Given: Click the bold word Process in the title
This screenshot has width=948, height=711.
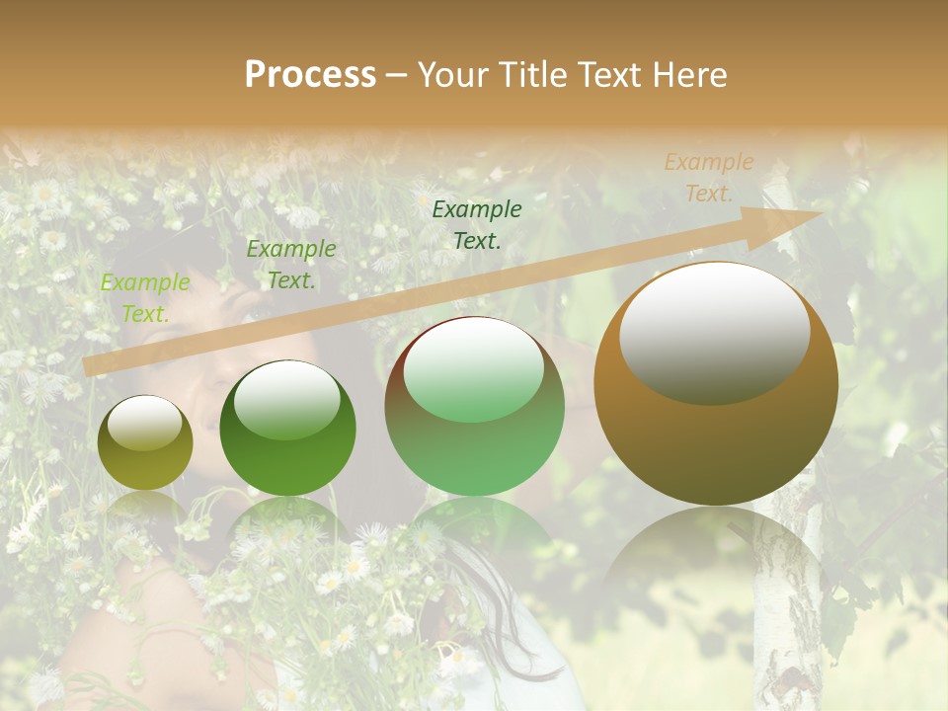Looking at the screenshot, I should (x=310, y=75).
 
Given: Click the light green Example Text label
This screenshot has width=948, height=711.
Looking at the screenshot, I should (x=145, y=298).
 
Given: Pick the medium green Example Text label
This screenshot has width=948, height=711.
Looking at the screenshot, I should (x=290, y=265).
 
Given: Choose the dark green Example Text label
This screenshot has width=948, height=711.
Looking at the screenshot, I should (x=477, y=224).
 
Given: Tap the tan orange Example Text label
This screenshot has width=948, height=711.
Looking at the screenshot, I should (x=708, y=178).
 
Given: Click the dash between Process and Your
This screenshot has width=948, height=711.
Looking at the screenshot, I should (x=397, y=75).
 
